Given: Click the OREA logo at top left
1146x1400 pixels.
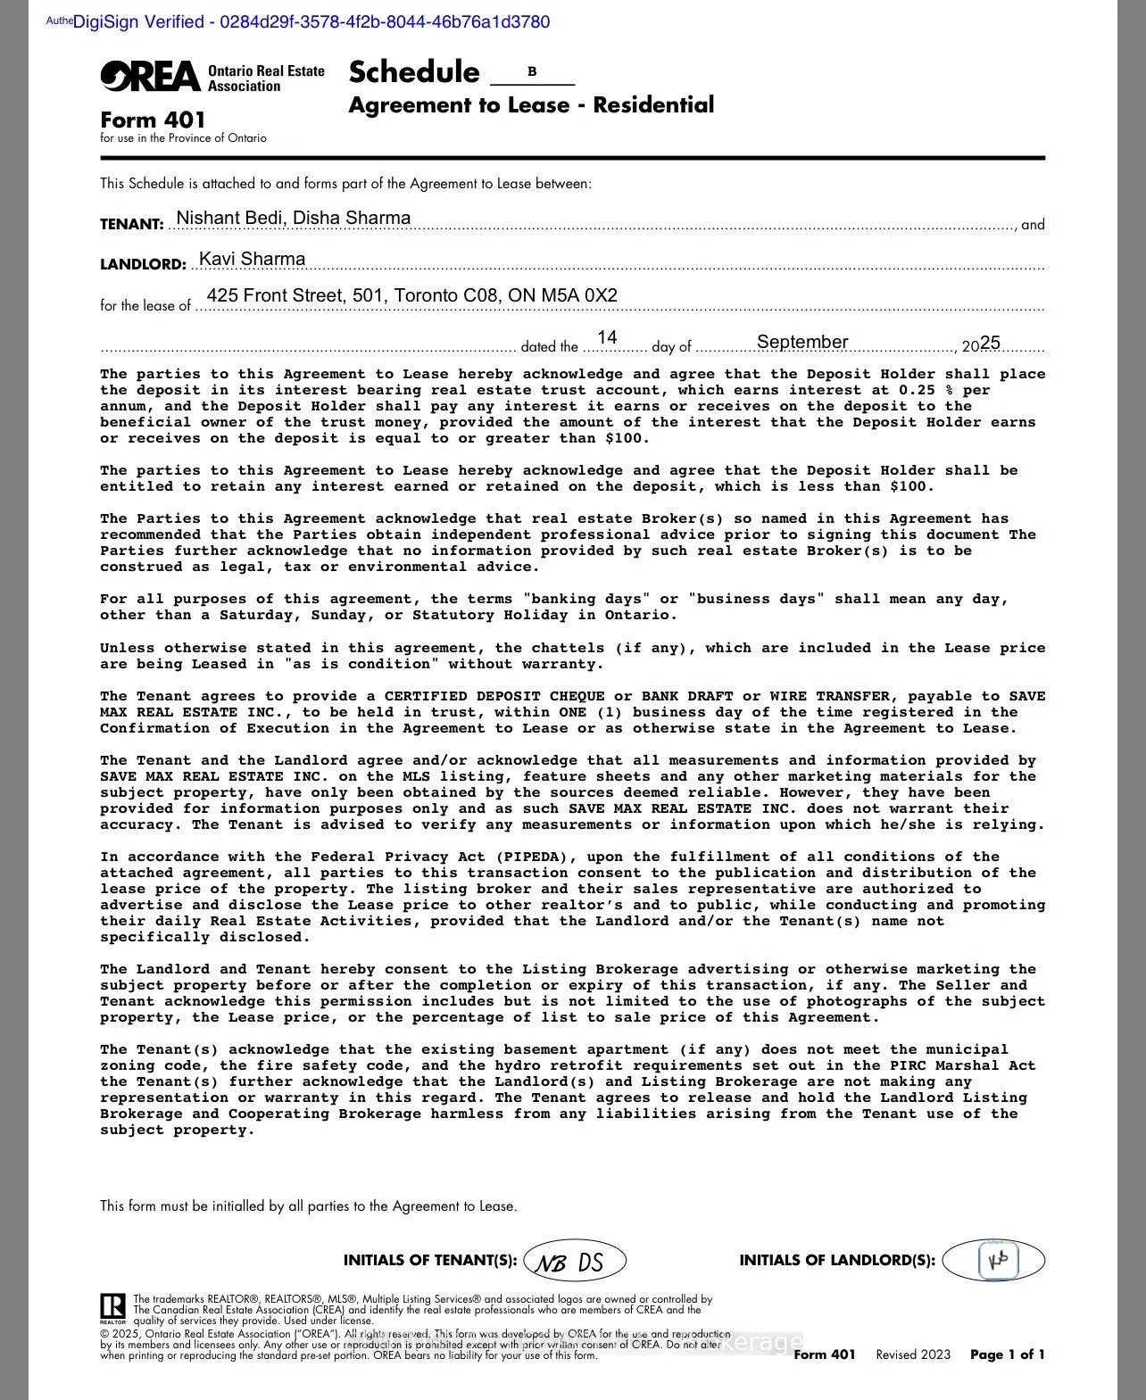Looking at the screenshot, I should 150,77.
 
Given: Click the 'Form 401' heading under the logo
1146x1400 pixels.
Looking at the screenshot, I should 153,120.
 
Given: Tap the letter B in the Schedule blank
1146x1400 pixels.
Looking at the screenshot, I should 532,71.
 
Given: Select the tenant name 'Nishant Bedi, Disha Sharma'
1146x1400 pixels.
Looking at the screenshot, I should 294,218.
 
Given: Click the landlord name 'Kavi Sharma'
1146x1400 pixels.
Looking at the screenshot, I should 252,259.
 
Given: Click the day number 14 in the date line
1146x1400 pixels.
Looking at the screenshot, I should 607,337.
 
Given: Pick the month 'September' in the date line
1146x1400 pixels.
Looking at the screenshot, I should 801,342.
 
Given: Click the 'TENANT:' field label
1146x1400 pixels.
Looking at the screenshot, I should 132,225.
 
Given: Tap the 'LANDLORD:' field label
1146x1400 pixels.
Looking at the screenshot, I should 143,265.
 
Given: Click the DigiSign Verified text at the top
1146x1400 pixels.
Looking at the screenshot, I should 311,21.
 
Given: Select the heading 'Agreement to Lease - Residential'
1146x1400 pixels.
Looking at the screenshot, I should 531,105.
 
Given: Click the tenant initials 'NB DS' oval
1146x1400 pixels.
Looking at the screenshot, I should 576,1261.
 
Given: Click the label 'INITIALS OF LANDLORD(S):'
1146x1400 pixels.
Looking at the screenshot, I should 837,1261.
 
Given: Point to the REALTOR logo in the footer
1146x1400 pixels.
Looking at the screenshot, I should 112,1308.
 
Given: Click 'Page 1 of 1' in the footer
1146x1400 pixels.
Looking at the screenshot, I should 1007,1354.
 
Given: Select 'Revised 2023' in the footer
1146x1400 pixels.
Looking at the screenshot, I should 912,1354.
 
